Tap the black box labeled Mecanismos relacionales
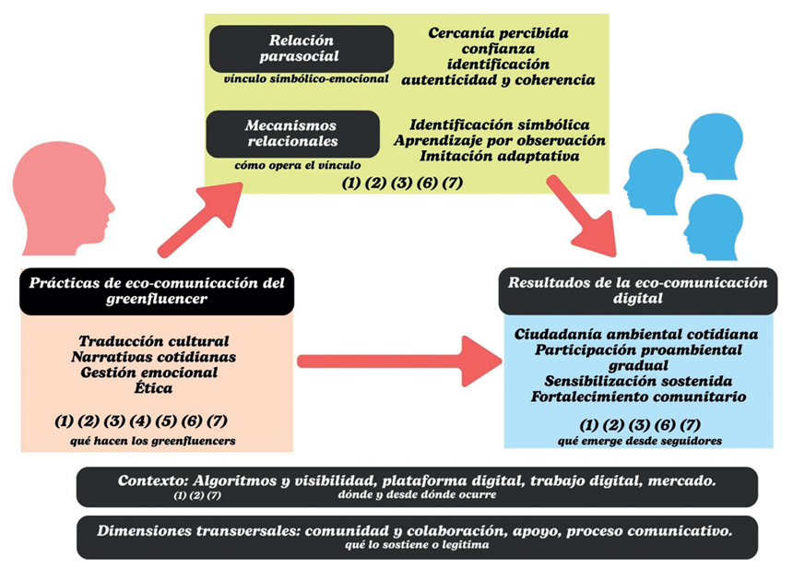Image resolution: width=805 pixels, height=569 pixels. tap(291, 133)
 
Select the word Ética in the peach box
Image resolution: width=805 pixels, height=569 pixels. tap(154, 389)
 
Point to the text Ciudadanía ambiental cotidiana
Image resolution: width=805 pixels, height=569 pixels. tap(637, 332)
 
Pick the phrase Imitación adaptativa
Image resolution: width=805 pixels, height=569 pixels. tap(499, 157)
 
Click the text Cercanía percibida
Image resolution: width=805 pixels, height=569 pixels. tap(498, 33)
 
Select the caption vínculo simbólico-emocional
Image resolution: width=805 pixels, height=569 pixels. tap(305, 79)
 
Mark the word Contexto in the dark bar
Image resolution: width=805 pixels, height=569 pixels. tap(152, 480)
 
